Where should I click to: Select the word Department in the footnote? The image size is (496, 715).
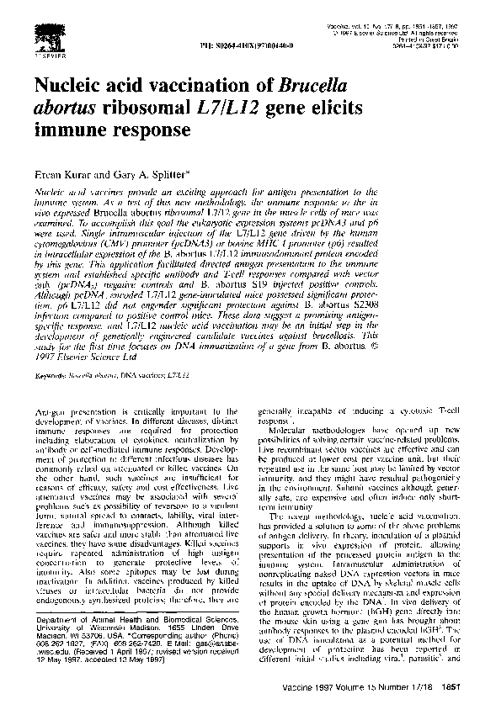click(x=56, y=643)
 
